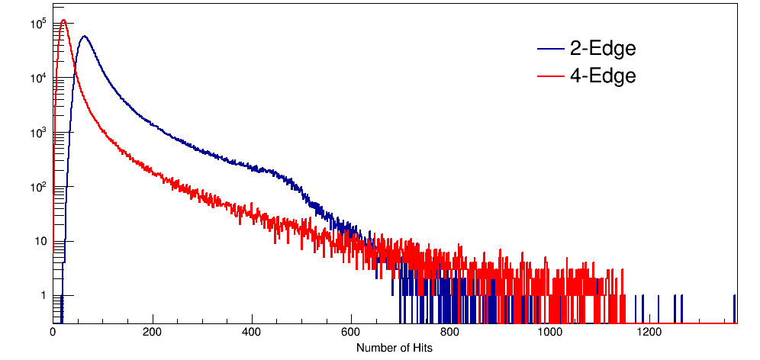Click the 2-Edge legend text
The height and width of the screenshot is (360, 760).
[602, 50]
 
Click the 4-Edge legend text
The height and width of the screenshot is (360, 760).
[602, 76]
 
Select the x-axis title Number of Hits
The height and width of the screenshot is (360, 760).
[394, 348]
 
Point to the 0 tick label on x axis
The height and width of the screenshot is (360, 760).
[53, 333]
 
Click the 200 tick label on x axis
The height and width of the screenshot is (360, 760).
[153, 333]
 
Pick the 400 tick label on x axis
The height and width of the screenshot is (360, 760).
[252, 333]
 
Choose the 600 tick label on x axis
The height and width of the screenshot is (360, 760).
[351, 333]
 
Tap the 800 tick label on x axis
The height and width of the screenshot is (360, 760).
[450, 333]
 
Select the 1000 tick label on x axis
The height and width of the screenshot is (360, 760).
[549, 333]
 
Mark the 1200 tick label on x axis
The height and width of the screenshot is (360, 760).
[649, 333]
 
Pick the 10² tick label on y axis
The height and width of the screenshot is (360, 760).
[38, 187]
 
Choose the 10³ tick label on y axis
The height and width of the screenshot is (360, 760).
[38, 133]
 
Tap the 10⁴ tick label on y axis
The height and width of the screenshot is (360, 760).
[38, 79]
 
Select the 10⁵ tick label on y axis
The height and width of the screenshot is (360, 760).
[38, 24]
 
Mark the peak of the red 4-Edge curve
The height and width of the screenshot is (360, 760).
[64, 21]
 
